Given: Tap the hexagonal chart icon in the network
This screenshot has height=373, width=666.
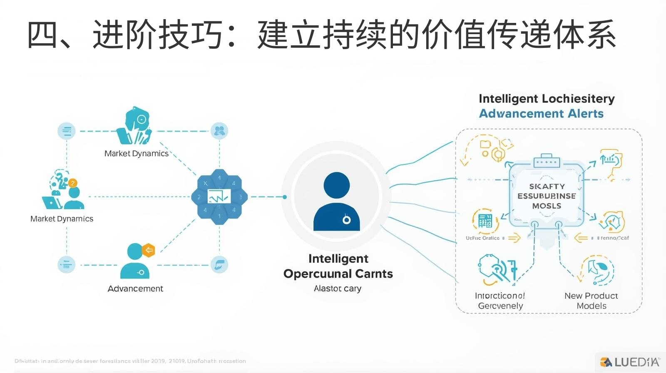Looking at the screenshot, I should [x=219, y=196].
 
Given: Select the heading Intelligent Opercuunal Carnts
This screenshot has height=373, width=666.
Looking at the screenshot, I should [x=338, y=266].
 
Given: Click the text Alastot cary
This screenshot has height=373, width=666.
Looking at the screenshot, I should [x=338, y=288].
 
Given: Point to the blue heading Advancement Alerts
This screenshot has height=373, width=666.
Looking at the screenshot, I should [x=541, y=114].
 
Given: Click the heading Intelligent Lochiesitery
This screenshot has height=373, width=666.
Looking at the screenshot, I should [x=547, y=99].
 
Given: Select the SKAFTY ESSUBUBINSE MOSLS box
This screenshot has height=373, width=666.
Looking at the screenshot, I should [x=547, y=196].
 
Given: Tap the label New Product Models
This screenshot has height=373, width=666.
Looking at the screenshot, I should [x=591, y=301].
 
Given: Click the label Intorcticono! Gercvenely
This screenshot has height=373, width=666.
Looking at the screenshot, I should [x=500, y=301].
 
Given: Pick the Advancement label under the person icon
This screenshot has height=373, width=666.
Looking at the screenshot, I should [x=135, y=288].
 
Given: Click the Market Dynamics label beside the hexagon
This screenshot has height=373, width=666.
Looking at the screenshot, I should [x=136, y=154].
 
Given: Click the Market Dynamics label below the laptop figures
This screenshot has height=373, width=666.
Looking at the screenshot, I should [x=62, y=219].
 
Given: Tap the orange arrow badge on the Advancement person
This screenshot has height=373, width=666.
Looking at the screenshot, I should [x=149, y=250].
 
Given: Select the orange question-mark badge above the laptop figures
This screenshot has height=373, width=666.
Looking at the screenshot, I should [x=73, y=183].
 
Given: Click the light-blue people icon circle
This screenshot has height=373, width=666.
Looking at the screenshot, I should [x=219, y=131].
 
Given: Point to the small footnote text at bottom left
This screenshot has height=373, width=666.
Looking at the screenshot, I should [x=130, y=361].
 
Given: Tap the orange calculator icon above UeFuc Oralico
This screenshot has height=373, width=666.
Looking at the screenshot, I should [x=485, y=220].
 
